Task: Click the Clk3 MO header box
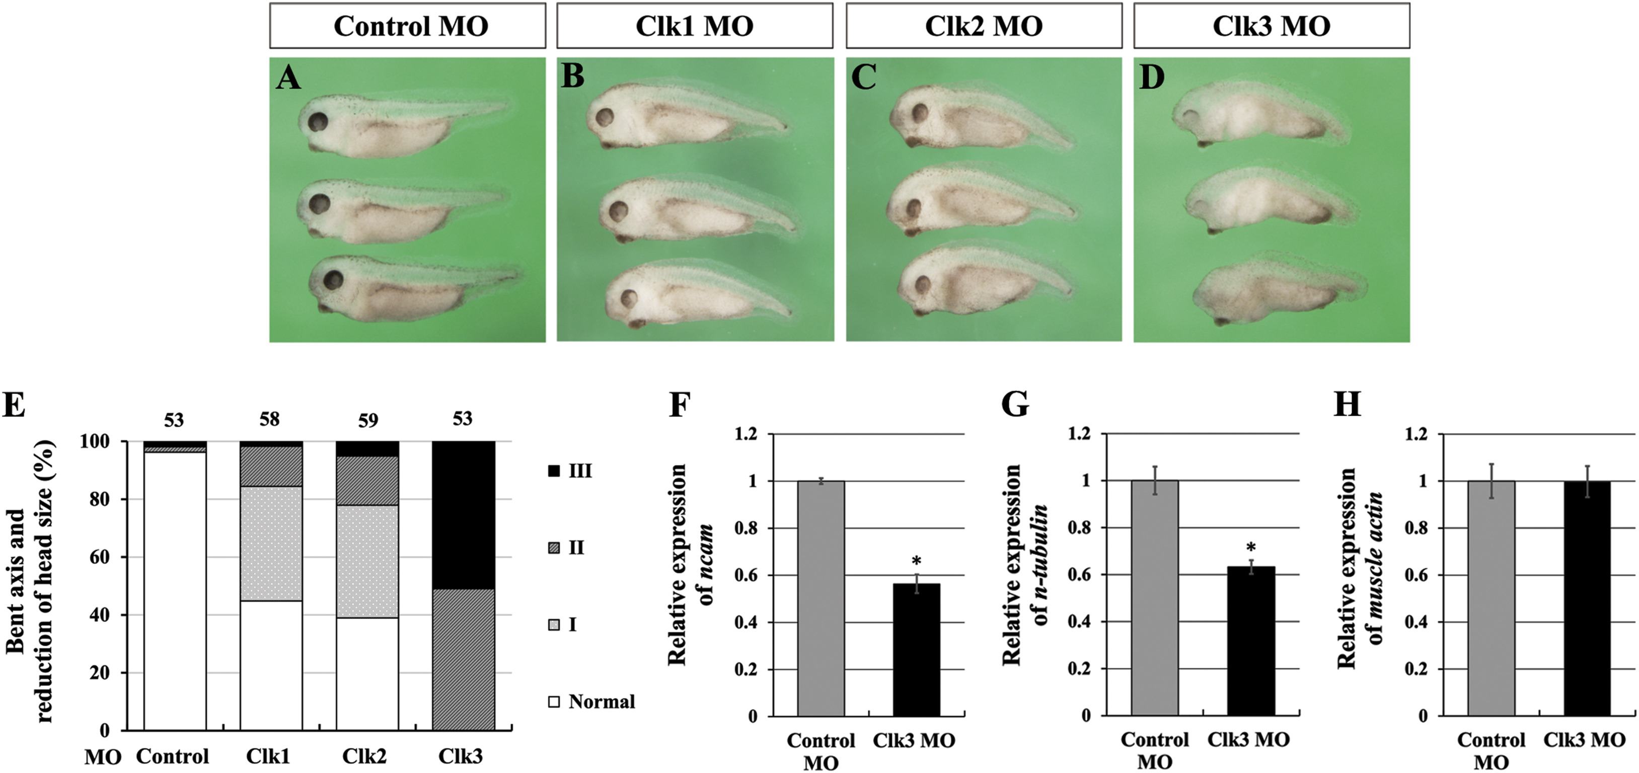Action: point(1271,26)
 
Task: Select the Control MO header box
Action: point(407,26)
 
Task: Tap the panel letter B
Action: point(573,78)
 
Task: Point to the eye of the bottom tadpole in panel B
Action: point(629,298)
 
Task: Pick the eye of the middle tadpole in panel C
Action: point(914,207)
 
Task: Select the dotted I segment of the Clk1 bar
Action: point(270,544)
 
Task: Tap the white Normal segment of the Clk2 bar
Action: point(367,674)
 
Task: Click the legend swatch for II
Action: point(554,548)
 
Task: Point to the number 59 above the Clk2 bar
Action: point(368,421)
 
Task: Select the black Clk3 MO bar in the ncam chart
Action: point(916,649)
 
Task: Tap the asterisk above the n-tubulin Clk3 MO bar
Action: point(1251,547)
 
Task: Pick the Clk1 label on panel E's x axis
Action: point(268,756)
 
